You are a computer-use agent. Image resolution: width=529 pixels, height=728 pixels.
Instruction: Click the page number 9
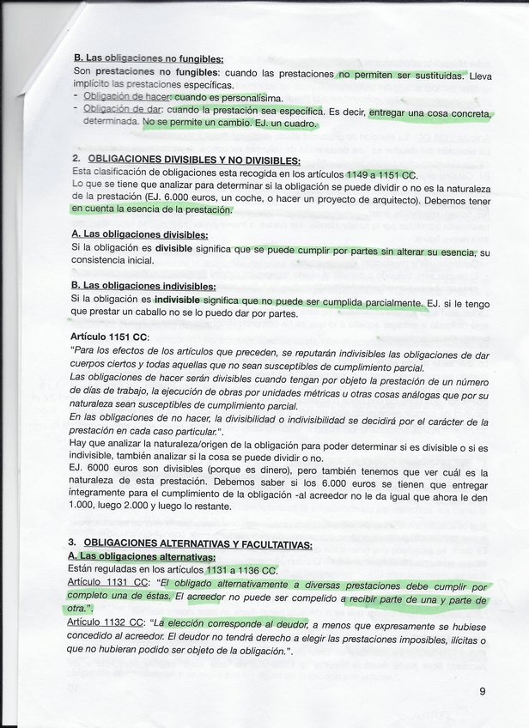pos(483,691)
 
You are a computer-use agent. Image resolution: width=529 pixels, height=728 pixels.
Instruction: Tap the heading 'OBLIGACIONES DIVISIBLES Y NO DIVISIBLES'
pos(194,160)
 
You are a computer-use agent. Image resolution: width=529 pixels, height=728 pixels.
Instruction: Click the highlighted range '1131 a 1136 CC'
pos(240,570)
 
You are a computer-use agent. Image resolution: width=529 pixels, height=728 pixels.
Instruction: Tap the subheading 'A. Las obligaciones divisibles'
pos(140,234)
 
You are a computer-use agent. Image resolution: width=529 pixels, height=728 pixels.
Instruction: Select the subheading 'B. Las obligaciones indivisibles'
pos(143,286)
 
